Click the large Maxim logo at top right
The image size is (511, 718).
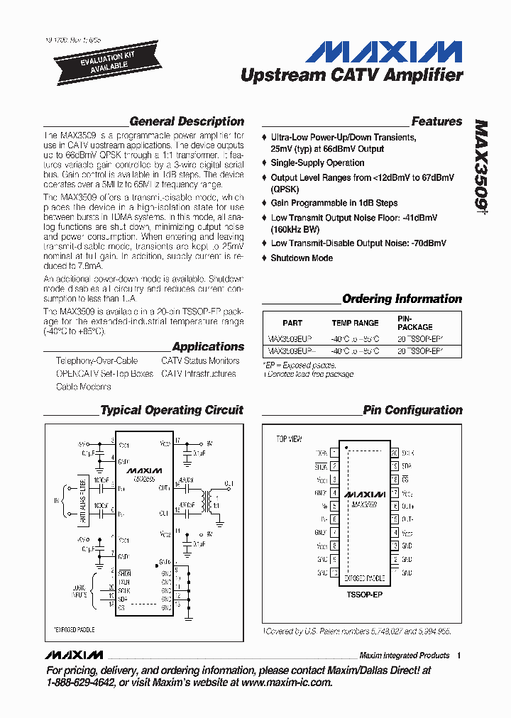387,52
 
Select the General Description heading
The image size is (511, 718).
187,121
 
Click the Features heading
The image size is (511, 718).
436,121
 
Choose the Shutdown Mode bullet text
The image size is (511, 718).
302,258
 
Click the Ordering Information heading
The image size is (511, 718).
402,299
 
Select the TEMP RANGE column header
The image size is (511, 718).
355,323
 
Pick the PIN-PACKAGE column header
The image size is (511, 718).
414,323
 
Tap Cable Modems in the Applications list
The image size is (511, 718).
84,387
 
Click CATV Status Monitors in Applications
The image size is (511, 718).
200,361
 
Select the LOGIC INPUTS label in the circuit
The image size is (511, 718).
79,590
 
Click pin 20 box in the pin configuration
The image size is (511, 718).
395,452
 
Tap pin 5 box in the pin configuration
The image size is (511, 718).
334,506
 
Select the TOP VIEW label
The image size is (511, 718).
289,440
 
